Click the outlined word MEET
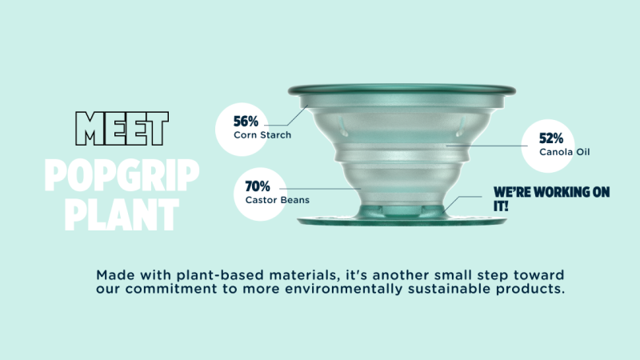122,129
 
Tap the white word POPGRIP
122,175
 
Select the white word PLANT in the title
122,214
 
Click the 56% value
246,122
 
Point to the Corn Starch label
262,135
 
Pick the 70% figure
258,186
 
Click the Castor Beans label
277,200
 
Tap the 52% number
551,138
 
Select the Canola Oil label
565,152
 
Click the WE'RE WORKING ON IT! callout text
551,199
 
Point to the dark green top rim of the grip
402,90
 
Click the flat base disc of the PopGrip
402,221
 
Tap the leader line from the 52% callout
486,146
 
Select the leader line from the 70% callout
320,189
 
